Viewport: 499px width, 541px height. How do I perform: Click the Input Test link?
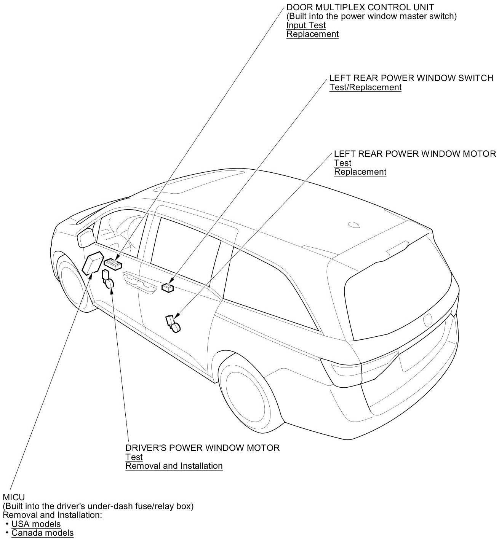[306, 25]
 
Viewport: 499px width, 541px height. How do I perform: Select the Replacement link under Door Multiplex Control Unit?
[312, 34]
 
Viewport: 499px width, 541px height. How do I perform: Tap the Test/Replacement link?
[365, 87]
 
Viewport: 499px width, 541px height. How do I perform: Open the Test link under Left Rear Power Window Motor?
[342, 163]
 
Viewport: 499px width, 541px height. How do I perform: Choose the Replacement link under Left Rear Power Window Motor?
[360, 172]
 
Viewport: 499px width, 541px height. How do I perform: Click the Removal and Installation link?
[174, 466]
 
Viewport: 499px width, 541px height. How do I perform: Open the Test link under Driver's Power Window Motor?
[134, 457]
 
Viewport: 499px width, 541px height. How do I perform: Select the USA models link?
[36, 524]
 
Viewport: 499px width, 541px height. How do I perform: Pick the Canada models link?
[42, 533]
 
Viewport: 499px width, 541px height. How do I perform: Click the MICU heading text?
[14, 497]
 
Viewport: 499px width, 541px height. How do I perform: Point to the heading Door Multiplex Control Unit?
[360, 7]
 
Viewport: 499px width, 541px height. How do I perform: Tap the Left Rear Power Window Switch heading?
[411, 78]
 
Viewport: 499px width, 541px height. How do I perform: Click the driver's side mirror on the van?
[86, 238]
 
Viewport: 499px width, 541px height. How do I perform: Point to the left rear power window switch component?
[168, 288]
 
